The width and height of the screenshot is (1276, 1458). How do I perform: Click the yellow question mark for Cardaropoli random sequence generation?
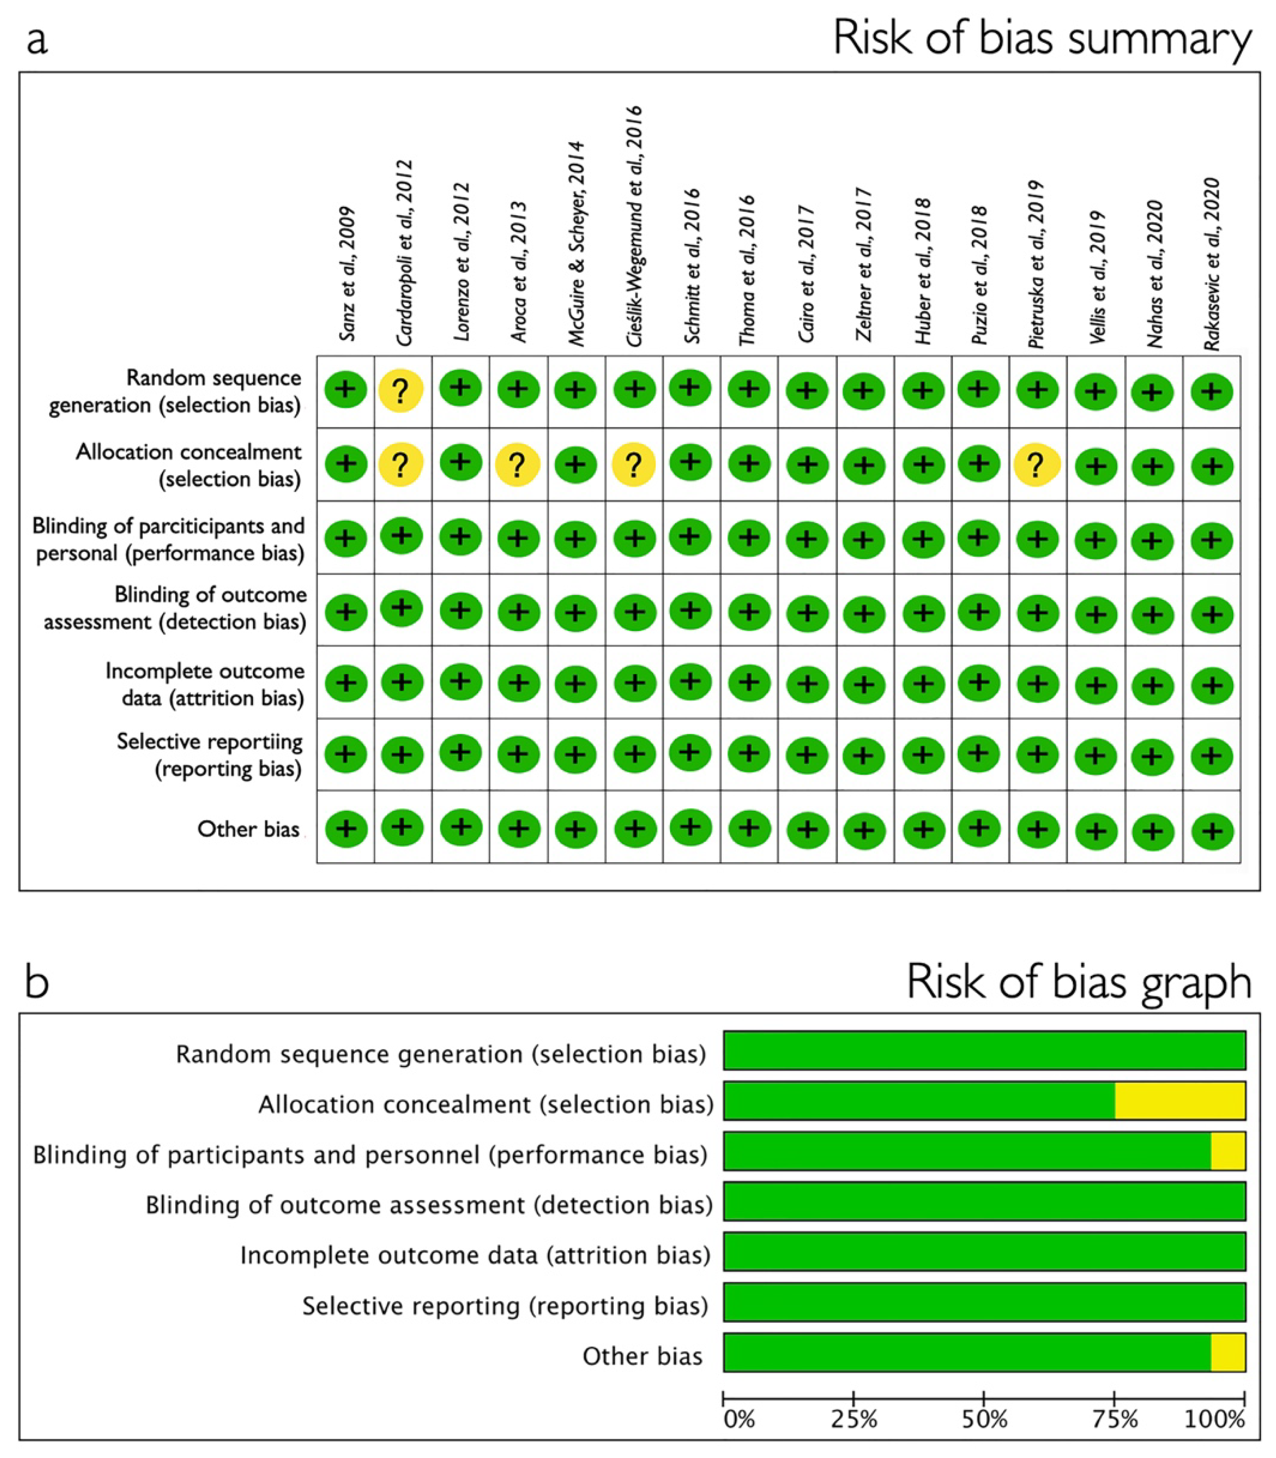401,390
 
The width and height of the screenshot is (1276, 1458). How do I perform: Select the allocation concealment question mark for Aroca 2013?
518,464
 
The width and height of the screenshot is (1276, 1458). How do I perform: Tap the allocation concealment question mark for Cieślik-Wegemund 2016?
634,464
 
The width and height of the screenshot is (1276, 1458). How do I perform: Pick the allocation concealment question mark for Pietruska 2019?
1037,464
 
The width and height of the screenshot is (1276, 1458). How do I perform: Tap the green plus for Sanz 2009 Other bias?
346,828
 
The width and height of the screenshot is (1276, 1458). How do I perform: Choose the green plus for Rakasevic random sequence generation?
1211,391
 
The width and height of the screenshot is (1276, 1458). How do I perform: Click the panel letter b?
37,981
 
